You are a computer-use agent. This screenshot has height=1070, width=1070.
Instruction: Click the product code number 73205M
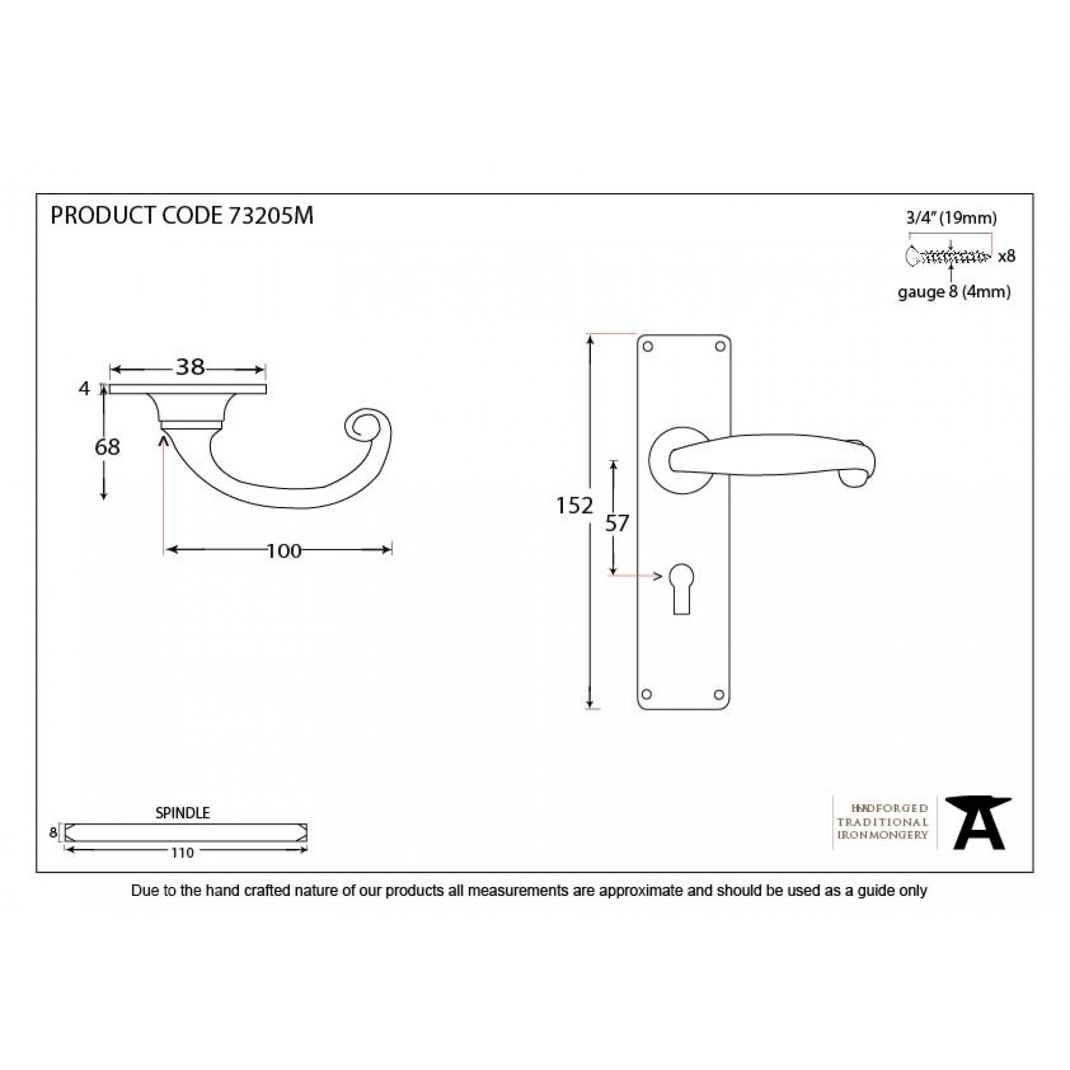coord(270,216)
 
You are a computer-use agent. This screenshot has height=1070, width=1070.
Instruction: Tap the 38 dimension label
coord(190,367)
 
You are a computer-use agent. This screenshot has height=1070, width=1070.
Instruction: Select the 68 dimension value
coord(107,447)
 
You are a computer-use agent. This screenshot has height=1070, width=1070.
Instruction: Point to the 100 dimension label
coord(284,551)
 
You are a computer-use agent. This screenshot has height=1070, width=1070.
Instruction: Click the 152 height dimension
coord(574,506)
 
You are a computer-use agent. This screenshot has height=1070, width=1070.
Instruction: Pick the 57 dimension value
coord(617,523)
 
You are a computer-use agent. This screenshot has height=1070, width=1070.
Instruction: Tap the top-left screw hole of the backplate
coord(649,347)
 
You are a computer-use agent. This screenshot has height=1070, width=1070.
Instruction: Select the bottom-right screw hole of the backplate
coord(719,694)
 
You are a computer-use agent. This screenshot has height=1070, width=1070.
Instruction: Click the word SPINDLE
coord(182,813)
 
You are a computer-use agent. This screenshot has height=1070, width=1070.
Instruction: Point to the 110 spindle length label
coord(182,853)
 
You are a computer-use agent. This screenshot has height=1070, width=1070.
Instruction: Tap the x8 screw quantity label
coord(1006,256)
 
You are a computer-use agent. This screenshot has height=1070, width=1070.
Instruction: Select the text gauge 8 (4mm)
coord(954,292)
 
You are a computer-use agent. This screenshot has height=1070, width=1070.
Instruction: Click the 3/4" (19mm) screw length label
coord(951,218)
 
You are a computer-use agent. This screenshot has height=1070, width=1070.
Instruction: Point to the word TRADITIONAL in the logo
coord(882,822)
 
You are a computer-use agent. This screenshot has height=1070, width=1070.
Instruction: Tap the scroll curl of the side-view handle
coord(361,424)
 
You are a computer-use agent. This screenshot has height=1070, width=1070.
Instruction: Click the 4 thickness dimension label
coord(84,389)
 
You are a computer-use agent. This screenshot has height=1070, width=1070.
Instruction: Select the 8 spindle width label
coord(53,833)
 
